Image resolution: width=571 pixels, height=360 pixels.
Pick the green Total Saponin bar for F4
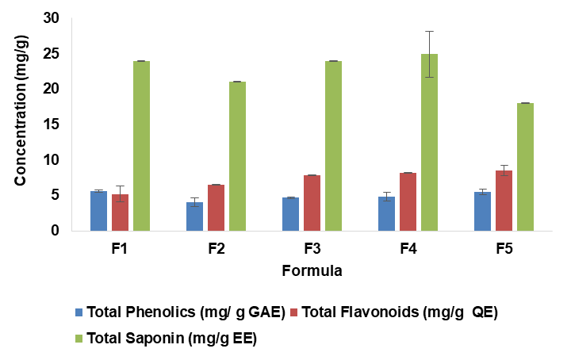point(429,143)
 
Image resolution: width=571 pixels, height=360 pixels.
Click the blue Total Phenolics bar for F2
point(194,216)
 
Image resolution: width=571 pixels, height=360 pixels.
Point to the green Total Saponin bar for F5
point(525,167)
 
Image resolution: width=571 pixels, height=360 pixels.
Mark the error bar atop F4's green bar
point(429,54)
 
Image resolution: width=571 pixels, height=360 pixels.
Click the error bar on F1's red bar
point(120,193)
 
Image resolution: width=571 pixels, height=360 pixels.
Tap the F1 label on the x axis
point(120,249)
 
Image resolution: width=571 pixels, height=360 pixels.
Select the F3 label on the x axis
point(312,249)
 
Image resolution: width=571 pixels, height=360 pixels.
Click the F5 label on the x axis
point(504,249)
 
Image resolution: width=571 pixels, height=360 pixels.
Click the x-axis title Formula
point(312,270)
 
